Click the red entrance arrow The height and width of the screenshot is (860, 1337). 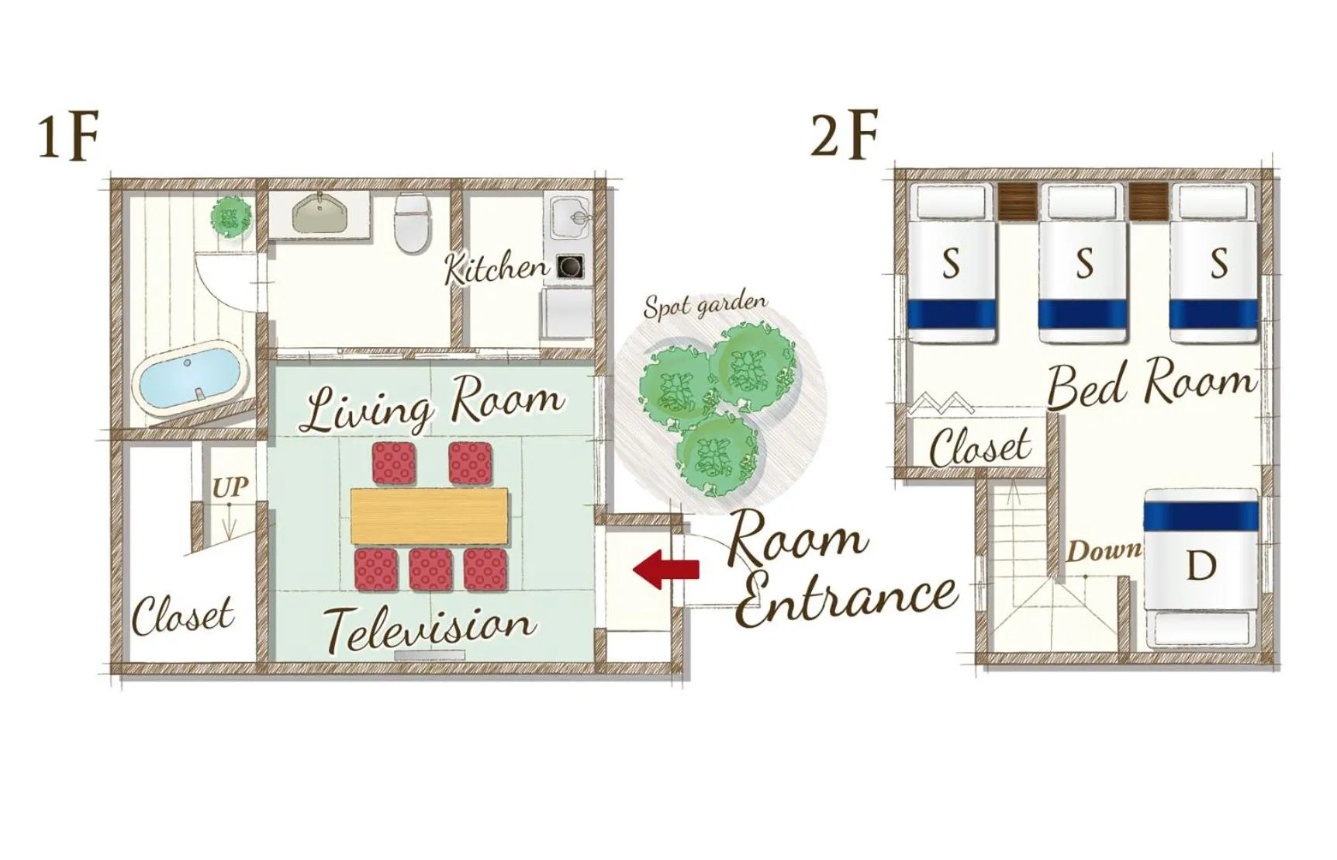(x=666, y=569)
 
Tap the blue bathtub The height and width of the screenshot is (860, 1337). (x=192, y=378)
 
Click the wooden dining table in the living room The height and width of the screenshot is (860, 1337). (x=430, y=515)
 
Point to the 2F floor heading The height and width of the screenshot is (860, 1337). (x=844, y=135)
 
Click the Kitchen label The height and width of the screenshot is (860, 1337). (x=496, y=268)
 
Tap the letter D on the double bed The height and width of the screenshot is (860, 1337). (x=1201, y=566)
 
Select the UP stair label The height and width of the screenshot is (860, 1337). (x=230, y=487)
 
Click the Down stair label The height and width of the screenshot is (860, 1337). (x=1103, y=551)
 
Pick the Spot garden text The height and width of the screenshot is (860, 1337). (x=705, y=305)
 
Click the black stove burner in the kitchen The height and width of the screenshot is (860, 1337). (x=571, y=267)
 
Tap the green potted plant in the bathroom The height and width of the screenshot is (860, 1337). (x=231, y=216)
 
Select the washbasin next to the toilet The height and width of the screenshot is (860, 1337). (x=320, y=213)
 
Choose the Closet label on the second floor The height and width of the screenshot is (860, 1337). (x=980, y=447)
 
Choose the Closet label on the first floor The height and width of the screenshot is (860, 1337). (x=182, y=616)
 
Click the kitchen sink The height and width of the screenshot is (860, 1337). (x=571, y=217)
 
